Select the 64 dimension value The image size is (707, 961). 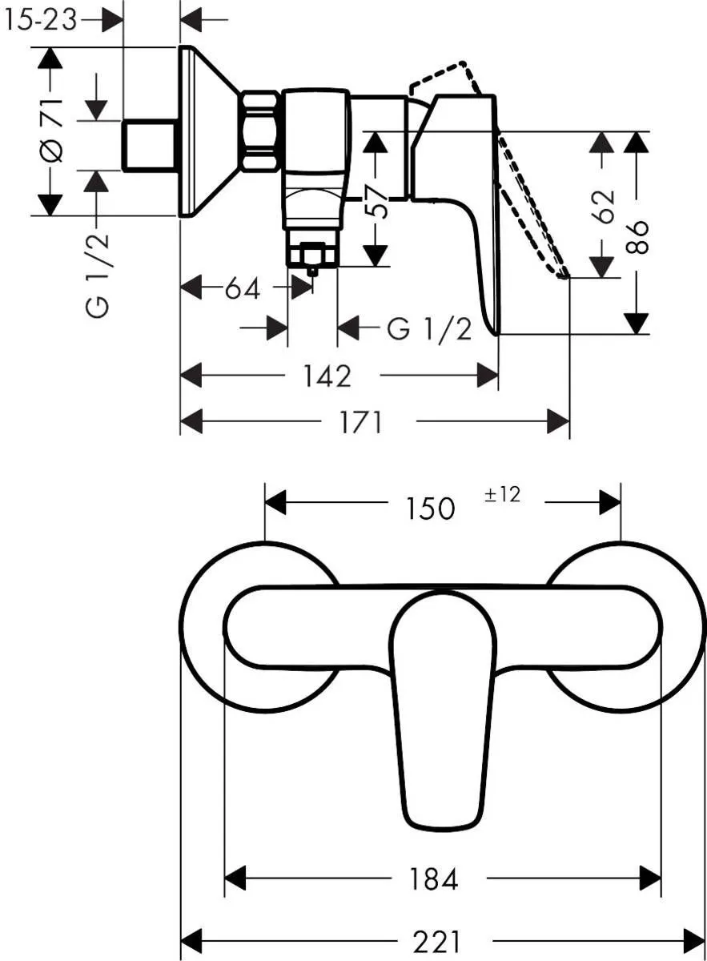[x=242, y=288]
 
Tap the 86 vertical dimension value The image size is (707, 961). [x=637, y=235]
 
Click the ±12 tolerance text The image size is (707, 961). [x=502, y=495]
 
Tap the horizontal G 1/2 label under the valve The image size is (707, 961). [x=429, y=328]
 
